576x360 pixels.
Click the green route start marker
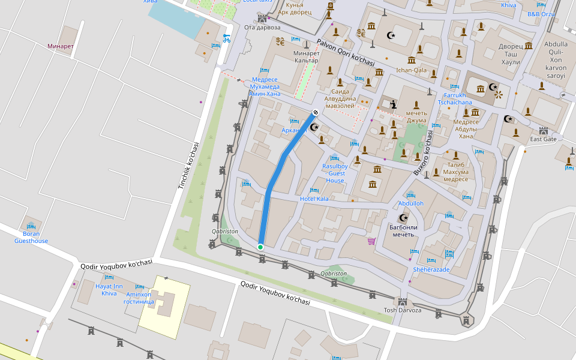click(x=260, y=247)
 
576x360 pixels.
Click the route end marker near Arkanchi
click(x=316, y=112)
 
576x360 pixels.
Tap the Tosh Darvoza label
click(x=402, y=310)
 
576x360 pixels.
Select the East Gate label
click(x=543, y=139)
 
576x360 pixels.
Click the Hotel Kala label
click(x=314, y=199)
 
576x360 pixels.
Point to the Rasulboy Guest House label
click(x=335, y=173)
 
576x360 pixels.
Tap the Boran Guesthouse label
click(x=31, y=237)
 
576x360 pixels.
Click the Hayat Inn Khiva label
click(x=109, y=290)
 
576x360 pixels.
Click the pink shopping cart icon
click(x=371, y=241)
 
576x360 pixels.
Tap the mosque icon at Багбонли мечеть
click(x=403, y=218)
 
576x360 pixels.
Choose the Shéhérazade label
click(x=431, y=269)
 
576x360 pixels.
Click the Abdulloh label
click(x=411, y=203)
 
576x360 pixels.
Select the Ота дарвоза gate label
click(x=262, y=27)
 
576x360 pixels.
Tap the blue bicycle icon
click(x=226, y=38)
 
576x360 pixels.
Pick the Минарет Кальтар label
click(x=306, y=57)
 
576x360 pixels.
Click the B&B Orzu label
click(x=541, y=14)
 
